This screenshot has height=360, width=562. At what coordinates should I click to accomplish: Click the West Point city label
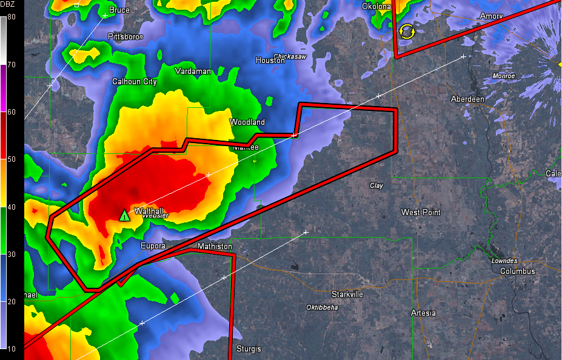pos(421,213)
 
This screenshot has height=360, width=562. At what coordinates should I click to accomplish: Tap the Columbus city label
pos(517,272)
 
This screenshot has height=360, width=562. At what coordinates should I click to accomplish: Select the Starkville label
pos(347,294)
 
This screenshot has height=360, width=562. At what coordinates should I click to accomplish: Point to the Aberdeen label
pos(468,99)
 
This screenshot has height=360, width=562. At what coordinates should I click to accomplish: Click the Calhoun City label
pos(135,82)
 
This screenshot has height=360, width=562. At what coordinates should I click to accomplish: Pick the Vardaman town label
pos(193,72)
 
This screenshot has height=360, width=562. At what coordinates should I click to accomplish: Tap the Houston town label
pos(270,61)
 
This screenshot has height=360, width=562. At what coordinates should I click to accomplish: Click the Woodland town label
pos(247,122)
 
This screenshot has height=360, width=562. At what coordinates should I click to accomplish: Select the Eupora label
pos(153,246)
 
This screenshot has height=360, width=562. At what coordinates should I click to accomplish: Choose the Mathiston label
pos(215,247)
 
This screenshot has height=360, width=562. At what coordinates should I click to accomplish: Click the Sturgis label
pos(249,349)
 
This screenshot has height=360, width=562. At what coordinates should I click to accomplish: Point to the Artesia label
pos(423,313)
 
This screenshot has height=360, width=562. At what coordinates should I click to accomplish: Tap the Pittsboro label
pos(125,37)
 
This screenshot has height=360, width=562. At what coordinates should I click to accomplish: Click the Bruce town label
pos(119,10)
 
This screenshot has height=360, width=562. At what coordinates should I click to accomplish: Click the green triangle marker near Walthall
pos(124,215)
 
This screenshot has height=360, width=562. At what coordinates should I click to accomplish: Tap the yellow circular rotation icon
pos(407,31)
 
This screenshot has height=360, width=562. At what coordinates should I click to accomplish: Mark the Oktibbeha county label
pos(322,307)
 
